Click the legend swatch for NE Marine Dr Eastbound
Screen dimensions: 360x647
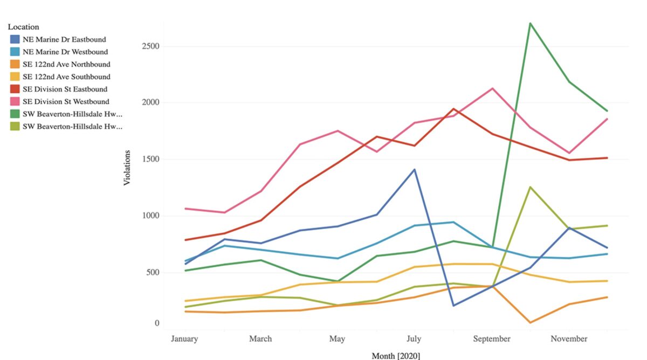tap(16, 39)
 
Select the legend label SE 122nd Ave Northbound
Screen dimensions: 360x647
tap(66, 64)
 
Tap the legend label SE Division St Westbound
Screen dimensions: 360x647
tap(66, 101)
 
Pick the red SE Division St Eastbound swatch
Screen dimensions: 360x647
tap(16, 89)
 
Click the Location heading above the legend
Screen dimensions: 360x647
tap(23, 26)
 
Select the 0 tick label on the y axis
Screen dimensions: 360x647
tap(157, 323)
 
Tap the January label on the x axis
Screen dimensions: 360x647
tap(184, 339)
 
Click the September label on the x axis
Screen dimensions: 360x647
tap(492, 339)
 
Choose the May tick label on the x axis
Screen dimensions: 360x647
tap(337, 339)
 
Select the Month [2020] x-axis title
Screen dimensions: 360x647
tap(396, 356)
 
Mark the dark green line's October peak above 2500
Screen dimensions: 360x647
tap(531, 23)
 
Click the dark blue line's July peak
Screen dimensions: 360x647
tap(415, 170)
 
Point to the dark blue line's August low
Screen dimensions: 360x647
tap(453, 306)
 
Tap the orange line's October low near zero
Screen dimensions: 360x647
tap(531, 323)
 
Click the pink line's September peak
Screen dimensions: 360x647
tap(492, 88)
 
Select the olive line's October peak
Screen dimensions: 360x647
tap(531, 187)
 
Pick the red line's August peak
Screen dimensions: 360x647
tap(453, 109)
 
